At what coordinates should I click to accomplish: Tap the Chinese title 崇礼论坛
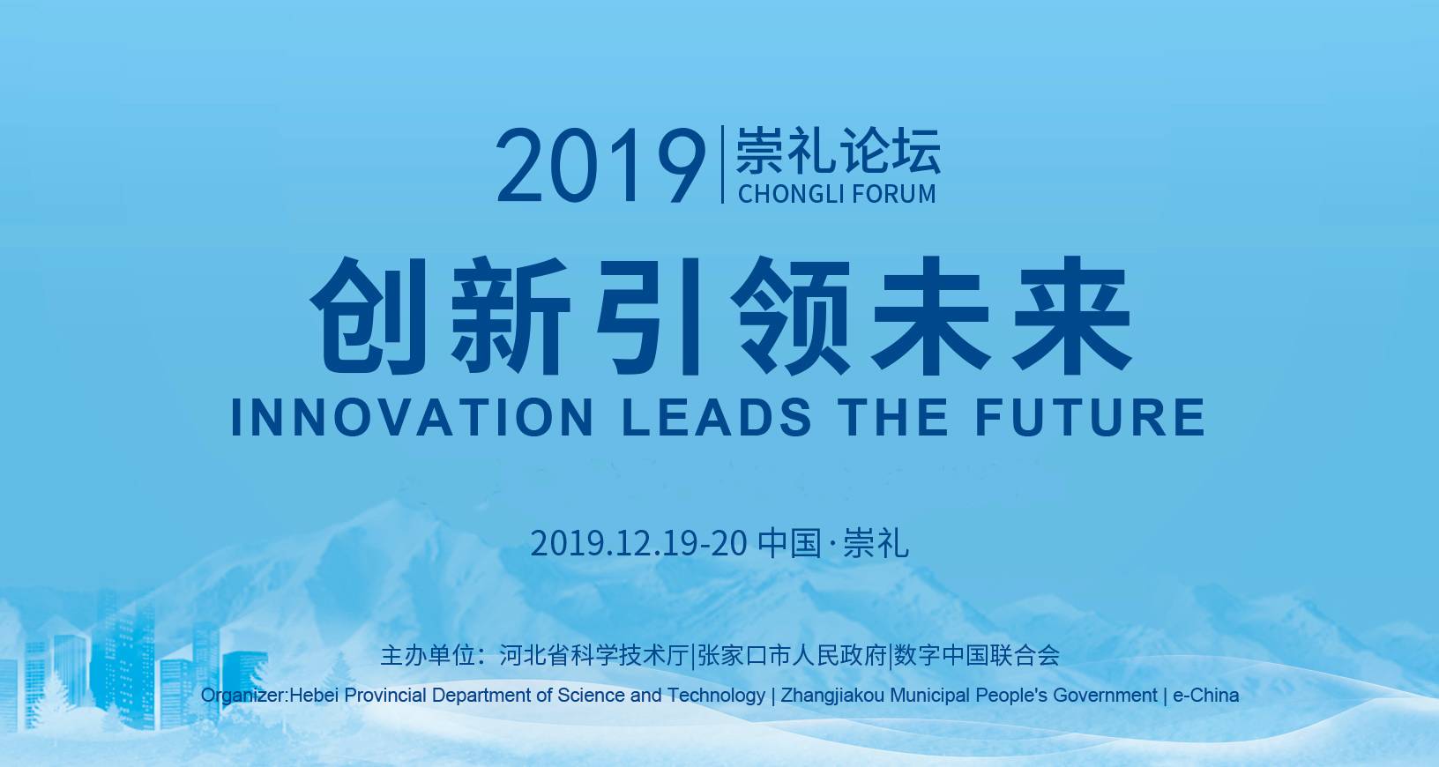(838, 151)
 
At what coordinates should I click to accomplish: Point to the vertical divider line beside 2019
(723, 165)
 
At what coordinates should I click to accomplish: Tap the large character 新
(511, 316)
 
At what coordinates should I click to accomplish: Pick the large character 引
(649, 316)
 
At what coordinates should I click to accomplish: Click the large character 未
(931, 316)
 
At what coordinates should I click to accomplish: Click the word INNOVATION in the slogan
(412, 417)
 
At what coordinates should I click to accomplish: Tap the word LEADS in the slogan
(718, 417)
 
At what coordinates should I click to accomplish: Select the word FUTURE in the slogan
(1090, 417)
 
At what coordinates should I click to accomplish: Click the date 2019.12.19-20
(638, 543)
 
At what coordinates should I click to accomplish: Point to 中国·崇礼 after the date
(833, 543)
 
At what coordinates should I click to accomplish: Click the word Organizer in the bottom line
(242, 696)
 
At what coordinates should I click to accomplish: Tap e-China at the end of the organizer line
(1206, 695)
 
